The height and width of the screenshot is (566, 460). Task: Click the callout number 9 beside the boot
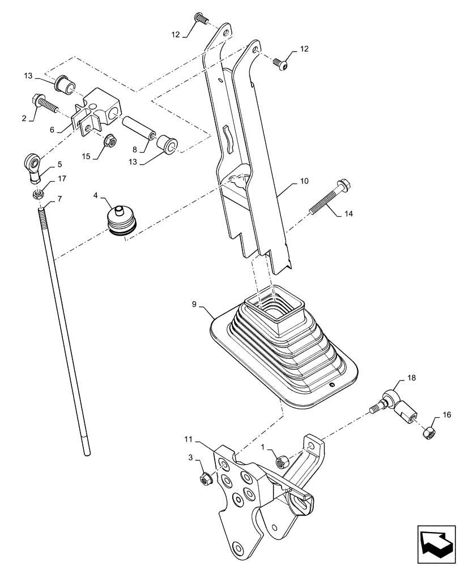tap(194, 305)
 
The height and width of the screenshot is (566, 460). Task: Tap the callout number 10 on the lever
tap(304, 182)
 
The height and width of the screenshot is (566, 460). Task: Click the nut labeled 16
tap(429, 433)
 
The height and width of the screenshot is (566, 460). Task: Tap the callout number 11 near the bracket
tap(188, 439)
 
